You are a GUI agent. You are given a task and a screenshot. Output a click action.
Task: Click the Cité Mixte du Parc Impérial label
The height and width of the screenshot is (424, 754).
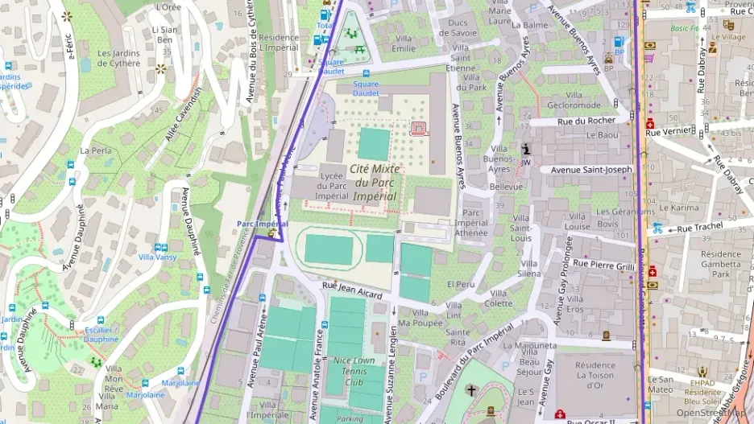click(x=374, y=182)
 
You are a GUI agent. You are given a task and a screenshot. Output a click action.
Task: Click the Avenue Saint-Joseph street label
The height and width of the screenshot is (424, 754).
click(x=591, y=170)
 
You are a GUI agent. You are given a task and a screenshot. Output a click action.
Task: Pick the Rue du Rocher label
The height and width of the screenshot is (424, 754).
click(x=591, y=121)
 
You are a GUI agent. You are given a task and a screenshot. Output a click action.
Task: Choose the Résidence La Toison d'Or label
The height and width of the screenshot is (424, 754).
click(x=595, y=373)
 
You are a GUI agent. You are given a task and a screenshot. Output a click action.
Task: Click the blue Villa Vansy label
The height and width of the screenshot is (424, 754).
click(x=158, y=257)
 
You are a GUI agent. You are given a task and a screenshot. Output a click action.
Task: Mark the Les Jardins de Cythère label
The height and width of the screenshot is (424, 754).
click(x=118, y=59)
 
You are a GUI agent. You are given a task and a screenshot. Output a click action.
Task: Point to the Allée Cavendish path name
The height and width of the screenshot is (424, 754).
click(x=182, y=114)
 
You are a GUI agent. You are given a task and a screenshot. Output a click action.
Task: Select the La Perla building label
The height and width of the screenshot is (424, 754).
click(x=96, y=150)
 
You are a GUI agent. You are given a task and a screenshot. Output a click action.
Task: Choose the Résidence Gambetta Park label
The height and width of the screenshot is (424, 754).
click(x=720, y=263)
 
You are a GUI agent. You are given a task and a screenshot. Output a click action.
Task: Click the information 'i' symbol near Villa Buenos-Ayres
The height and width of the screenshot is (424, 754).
click(x=526, y=149)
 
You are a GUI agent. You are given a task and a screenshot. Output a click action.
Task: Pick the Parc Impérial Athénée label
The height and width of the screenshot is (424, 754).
click(x=471, y=223)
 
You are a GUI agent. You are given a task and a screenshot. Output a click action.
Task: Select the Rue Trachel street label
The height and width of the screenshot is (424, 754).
click(x=699, y=228)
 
